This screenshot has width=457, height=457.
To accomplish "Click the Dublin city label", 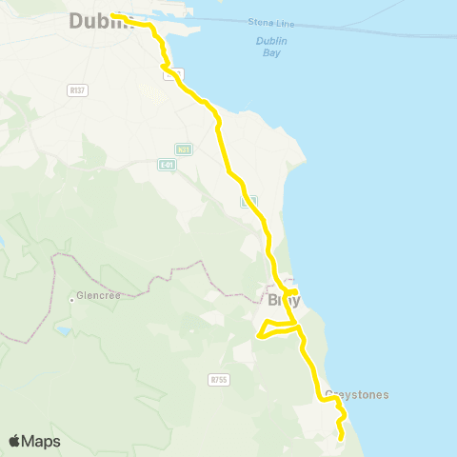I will pyautogui.click(x=99, y=21).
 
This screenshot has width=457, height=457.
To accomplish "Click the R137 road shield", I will pyautogui.click(x=78, y=89).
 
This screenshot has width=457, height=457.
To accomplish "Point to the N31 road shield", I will pyautogui.click(x=184, y=149).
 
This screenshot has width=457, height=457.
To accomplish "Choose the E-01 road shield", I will pyautogui.click(x=168, y=164).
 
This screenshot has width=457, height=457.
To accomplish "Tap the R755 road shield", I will pyautogui.click(x=218, y=379).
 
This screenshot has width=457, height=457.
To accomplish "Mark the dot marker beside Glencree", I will pyautogui.click(x=72, y=299).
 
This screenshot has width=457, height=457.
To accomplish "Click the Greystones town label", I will pyautogui.click(x=356, y=394).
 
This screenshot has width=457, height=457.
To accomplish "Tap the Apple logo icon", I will pyautogui.click(x=15, y=441).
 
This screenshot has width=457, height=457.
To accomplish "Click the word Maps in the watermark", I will pyautogui.click(x=42, y=441).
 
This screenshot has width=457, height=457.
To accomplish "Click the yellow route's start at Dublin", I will pyautogui.click(x=112, y=15).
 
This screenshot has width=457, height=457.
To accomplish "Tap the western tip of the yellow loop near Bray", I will pyautogui.click(x=259, y=334).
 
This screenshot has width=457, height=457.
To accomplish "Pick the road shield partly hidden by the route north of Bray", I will pyautogui.click(x=248, y=203).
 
